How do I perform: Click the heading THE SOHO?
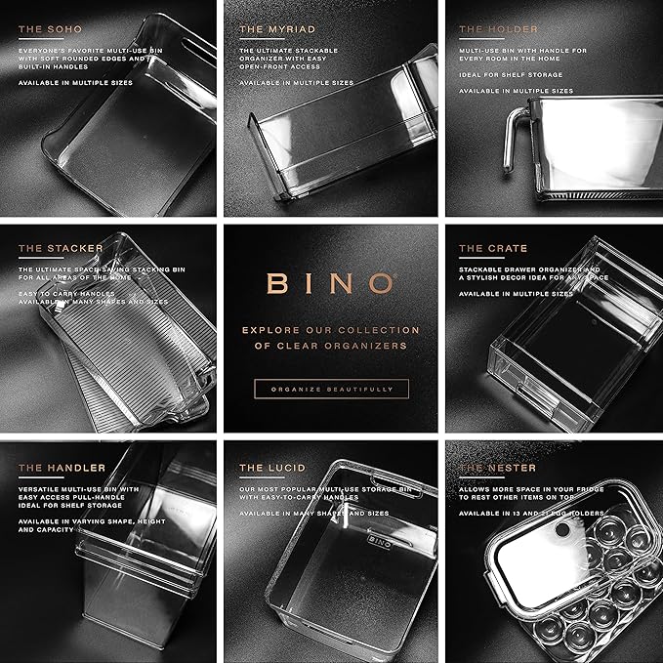pyautogui.click(x=49, y=28)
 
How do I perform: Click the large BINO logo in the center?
pyautogui.click(x=331, y=283)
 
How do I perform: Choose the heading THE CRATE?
pyautogui.click(x=493, y=248)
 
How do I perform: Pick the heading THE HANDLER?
pyautogui.click(x=62, y=468)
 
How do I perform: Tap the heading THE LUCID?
pyautogui.click(x=268, y=468)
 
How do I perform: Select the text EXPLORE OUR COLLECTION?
pyautogui.click(x=331, y=330)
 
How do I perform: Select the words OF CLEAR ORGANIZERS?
pyautogui.click(x=331, y=345)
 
